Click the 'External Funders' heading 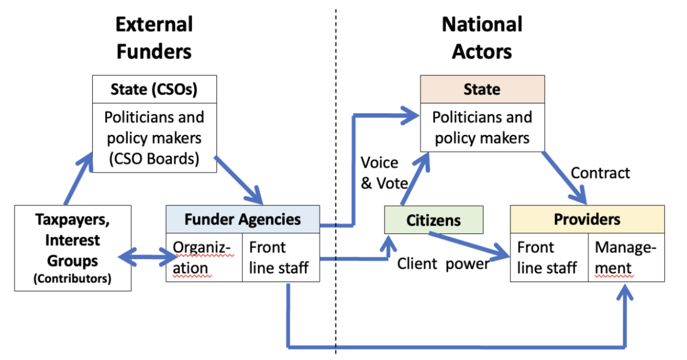(x=153, y=38)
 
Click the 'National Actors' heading (x=482, y=38)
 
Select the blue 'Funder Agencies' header (x=243, y=219)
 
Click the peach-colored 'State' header (x=482, y=89)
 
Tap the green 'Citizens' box (x=434, y=220)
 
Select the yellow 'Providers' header (x=587, y=219)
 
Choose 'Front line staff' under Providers (x=549, y=257)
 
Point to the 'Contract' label (x=600, y=173)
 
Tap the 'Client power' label (x=443, y=264)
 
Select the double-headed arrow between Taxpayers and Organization (x=148, y=258)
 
